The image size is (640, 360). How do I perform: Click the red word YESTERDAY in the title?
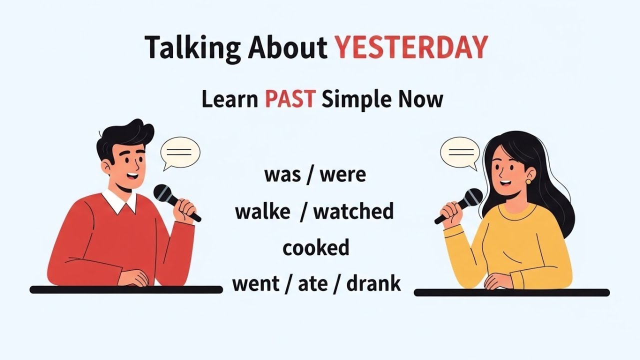411,48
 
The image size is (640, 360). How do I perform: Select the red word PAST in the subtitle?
290,99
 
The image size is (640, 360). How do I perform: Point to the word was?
282,175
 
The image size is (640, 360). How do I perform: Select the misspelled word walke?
262,211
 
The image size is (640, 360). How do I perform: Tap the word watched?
353,211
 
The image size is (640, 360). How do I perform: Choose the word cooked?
315,248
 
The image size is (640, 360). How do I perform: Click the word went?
255,284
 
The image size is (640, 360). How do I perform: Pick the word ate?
313,284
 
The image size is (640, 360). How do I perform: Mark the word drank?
373,284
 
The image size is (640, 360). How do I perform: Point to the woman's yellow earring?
528,181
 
